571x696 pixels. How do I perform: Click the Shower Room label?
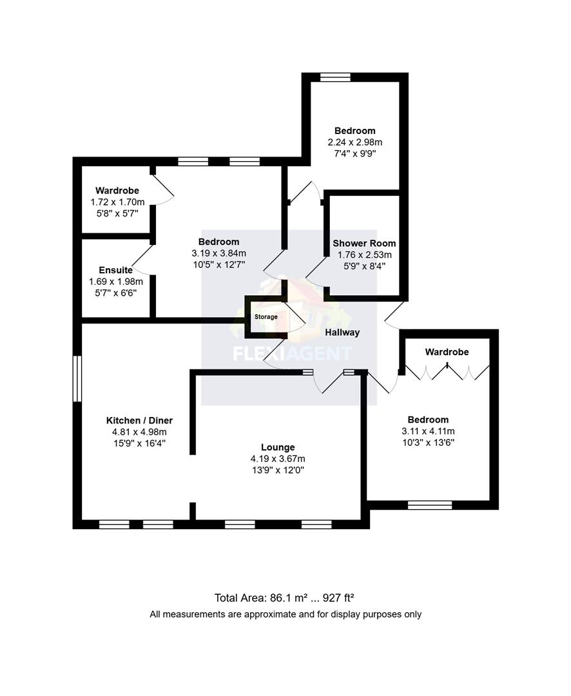pyautogui.click(x=364, y=243)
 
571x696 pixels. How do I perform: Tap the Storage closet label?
pyautogui.click(x=266, y=316)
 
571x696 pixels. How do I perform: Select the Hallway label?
pyautogui.click(x=342, y=332)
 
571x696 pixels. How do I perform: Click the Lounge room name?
pyautogui.click(x=278, y=447)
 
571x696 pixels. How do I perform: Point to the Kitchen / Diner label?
pyautogui.click(x=139, y=420)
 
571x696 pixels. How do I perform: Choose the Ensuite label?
pyautogui.click(x=115, y=270)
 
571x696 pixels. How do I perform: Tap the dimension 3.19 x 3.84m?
pyautogui.click(x=218, y=253)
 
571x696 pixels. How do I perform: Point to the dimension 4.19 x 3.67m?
pyautogui.click(x=278, y=458)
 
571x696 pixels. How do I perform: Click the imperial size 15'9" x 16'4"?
pyautogui.click(x=139, y=443)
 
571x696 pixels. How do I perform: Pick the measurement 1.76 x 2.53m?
pyautogui.click(x=364, y=255)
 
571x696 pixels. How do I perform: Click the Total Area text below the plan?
pyautogui.click(x=285, y=597)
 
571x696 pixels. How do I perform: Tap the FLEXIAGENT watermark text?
pyautogui.click(x=292, y=353)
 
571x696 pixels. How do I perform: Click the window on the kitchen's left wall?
pyautogui.click(x=77, y=380)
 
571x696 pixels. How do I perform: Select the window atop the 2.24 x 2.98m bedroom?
pyautogui.click(x=335, y=77)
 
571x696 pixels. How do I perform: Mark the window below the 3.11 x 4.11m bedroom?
pyautogui.click(x=430, y=505)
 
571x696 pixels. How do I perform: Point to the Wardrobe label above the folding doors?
pyautogui.click(x=447, y=352)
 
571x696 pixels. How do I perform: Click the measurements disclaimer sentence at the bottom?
pyautogui.click(x=285, y=614)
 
